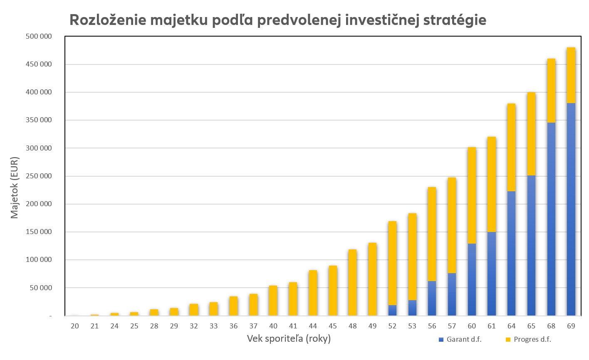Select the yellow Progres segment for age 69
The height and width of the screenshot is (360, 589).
(x=571, y=75)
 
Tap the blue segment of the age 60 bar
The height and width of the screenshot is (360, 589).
(x=472, y=279)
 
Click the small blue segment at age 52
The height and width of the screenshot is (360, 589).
(x=392, y=310)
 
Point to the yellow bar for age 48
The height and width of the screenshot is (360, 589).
(x=352, y=282)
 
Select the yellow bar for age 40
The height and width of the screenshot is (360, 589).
(x=273, y=301)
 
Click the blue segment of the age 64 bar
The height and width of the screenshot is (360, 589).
(x=511, y=253)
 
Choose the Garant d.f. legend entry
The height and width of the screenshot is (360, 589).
(x=460, y=339)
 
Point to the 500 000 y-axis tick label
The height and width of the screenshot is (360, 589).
(x=39, y=36)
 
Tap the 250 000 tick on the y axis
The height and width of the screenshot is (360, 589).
(x=39, y=176)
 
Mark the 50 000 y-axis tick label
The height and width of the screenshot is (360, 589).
(x=40, y=288)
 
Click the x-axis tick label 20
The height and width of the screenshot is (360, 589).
(x=75, y=326)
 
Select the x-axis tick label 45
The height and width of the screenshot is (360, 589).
(x=333, y=326)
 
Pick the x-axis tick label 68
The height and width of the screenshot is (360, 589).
(x=551, y=326)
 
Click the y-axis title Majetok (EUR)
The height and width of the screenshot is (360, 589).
(x=15, y=187)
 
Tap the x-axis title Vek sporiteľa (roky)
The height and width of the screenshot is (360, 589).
(x=289, y=338)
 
